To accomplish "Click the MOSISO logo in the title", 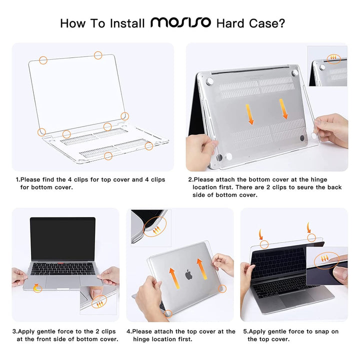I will [181, 23].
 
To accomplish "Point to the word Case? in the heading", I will [271, 23].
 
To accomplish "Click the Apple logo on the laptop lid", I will [188, 274].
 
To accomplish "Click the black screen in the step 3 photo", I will [62, 238].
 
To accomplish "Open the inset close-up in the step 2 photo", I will [327, 66].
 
